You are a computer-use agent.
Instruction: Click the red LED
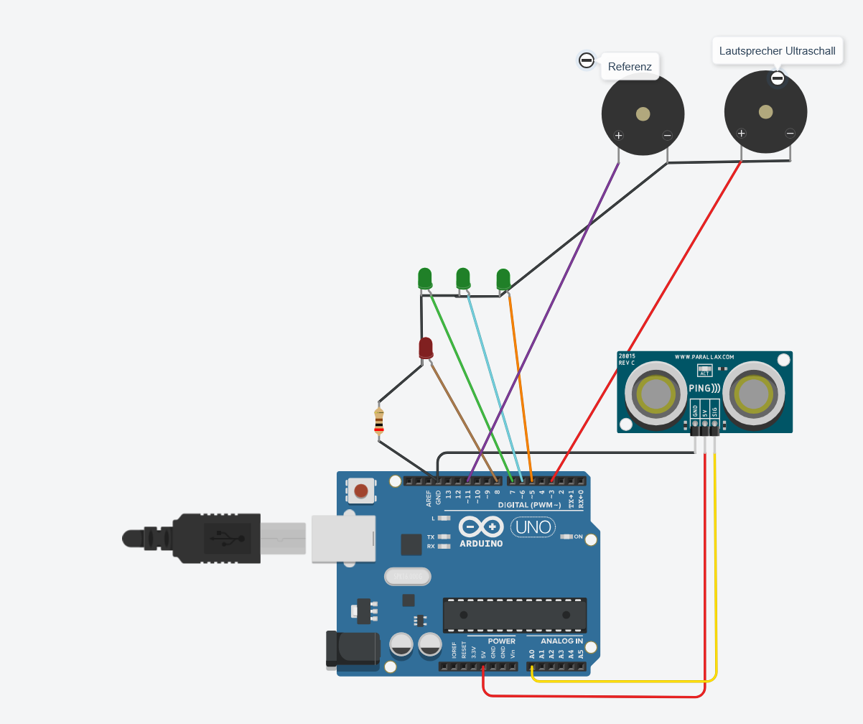[x=426, y=348]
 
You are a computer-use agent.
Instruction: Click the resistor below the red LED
[x=379, y=422]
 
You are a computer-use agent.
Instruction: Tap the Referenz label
[x=630, y=67]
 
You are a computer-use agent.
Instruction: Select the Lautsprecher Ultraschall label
[x=777, y=51]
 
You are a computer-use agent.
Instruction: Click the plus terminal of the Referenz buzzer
[x=619, y=136]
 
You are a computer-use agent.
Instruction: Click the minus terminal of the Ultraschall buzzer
[x=790, y=133]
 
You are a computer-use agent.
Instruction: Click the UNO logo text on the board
[x=533, y=527]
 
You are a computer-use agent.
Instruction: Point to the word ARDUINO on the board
[x=481, y=544]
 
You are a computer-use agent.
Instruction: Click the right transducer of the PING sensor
[x=754, y=393]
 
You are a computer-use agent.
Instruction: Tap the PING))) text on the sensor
[x=704, y=389]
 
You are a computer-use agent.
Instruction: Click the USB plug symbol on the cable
[x=227, y=537]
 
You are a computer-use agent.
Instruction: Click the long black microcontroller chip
[x=514, y=615]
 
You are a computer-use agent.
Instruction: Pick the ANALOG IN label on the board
[x=561, y=641]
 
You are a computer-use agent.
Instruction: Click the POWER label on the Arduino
[x=501, y=641]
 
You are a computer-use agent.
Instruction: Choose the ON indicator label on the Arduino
[x=578, y=537]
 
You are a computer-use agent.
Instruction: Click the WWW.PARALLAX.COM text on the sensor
[x=704, y=356]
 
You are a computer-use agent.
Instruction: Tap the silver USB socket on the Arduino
[x=343, y=538]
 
